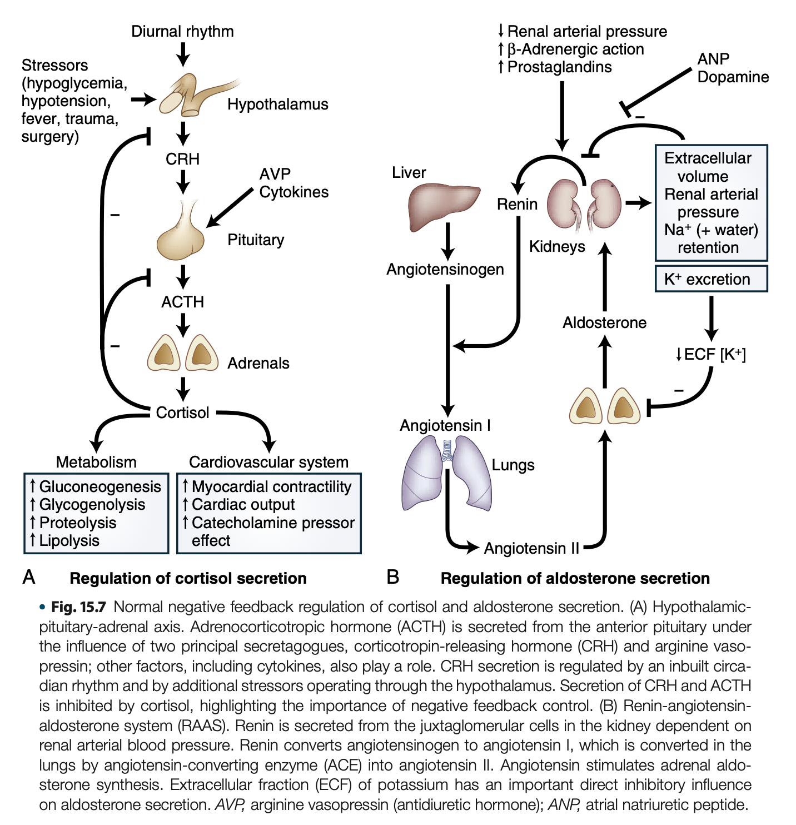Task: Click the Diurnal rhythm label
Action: coord(182,31)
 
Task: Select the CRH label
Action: coord(182,159)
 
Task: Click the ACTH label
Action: coord(182,302)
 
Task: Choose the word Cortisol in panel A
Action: coord(182,412)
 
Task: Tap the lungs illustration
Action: coord(446,473)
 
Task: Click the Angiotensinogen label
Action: coord(445,269)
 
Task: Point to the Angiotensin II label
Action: coord(531,548)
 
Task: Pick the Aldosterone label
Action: coord(604,322)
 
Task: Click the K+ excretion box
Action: coord(711,279)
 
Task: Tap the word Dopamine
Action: coord(733,77)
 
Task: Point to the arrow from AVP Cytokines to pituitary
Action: coord(229,208)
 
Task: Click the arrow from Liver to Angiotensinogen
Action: coord(447,241)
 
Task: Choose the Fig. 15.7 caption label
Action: coord(78,607)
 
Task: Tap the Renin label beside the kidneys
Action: coord(517,205)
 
